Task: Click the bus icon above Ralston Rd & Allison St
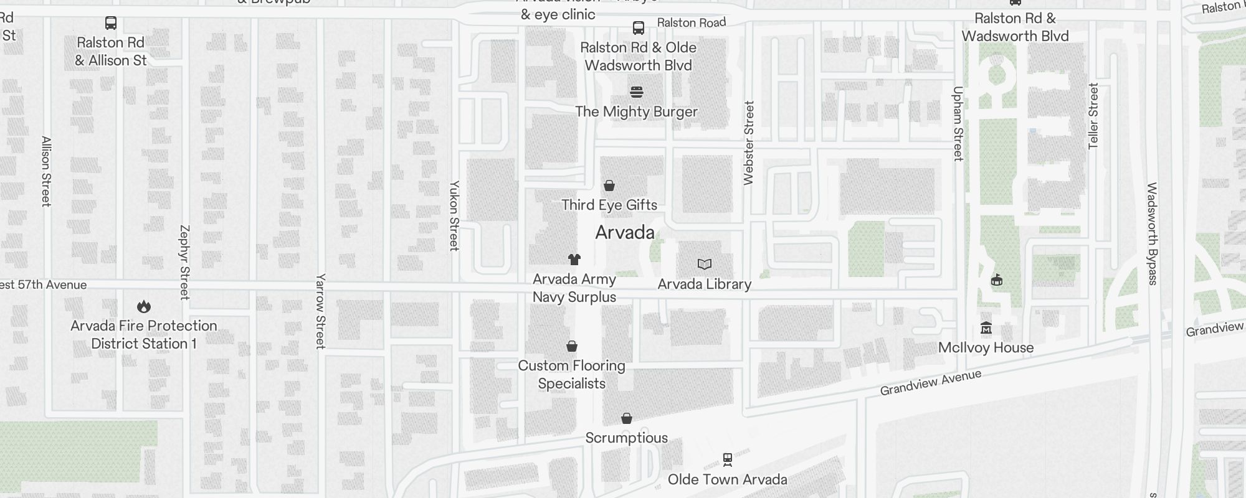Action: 111,24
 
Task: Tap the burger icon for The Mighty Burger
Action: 636,92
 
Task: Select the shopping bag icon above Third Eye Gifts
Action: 609,186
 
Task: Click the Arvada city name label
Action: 625,233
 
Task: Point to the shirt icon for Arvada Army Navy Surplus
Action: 574,260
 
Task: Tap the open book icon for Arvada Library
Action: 705,265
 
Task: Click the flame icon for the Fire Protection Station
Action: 144,306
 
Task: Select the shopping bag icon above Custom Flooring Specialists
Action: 572,346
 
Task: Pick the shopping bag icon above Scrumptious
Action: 627,418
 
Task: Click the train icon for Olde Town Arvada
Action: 727,460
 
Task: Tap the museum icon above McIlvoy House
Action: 986,328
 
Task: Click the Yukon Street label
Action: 454,216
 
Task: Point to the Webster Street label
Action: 749,143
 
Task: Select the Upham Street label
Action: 958,123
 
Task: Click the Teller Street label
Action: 1093,116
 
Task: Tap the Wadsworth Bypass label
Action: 1152,233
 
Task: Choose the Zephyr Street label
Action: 184,262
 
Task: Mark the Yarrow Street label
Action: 320,311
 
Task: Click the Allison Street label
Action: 46,171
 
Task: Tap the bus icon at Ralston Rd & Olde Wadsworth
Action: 639,28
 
